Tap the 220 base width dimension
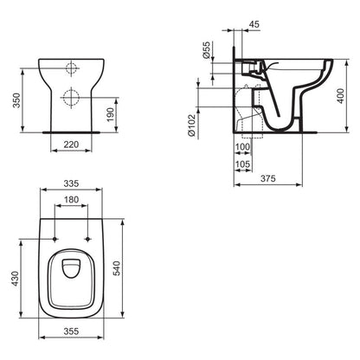pyautogui.click(x=72, y=146)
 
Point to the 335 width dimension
pyautogui.click(x=72, y=184)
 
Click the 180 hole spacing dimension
pyautogui.click(x=72, y=201)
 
